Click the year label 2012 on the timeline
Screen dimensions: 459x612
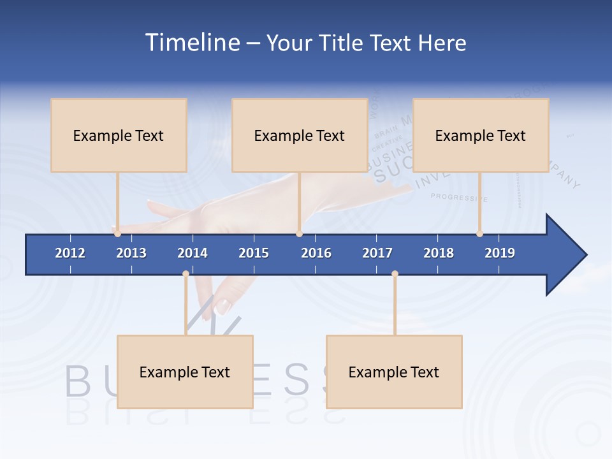click(70, 253)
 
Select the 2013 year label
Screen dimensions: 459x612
click(131, 253)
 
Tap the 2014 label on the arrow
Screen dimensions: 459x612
click(193, 253)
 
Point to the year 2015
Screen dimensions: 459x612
click(254, 253)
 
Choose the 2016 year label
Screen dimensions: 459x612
click(316, 253)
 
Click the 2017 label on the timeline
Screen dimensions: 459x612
click(377, 253)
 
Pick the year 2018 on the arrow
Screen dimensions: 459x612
click(439, 253)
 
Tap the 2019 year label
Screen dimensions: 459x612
click(500, 253)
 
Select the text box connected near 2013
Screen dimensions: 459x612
click(119, 135)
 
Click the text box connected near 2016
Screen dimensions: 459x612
click(300, 135)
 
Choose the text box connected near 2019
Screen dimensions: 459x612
click(481, 135)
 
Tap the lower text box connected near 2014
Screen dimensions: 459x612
click(185, 372)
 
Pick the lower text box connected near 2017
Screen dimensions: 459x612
click(394, 372)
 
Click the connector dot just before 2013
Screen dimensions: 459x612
click(117, 234)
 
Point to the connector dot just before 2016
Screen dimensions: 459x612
click(299, 234)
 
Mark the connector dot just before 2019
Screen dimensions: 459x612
click(479, 234)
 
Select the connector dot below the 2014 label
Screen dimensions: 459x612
click(186, 274)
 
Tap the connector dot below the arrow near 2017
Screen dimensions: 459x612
click(395, 274)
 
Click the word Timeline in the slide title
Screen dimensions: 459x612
click(191, 43)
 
